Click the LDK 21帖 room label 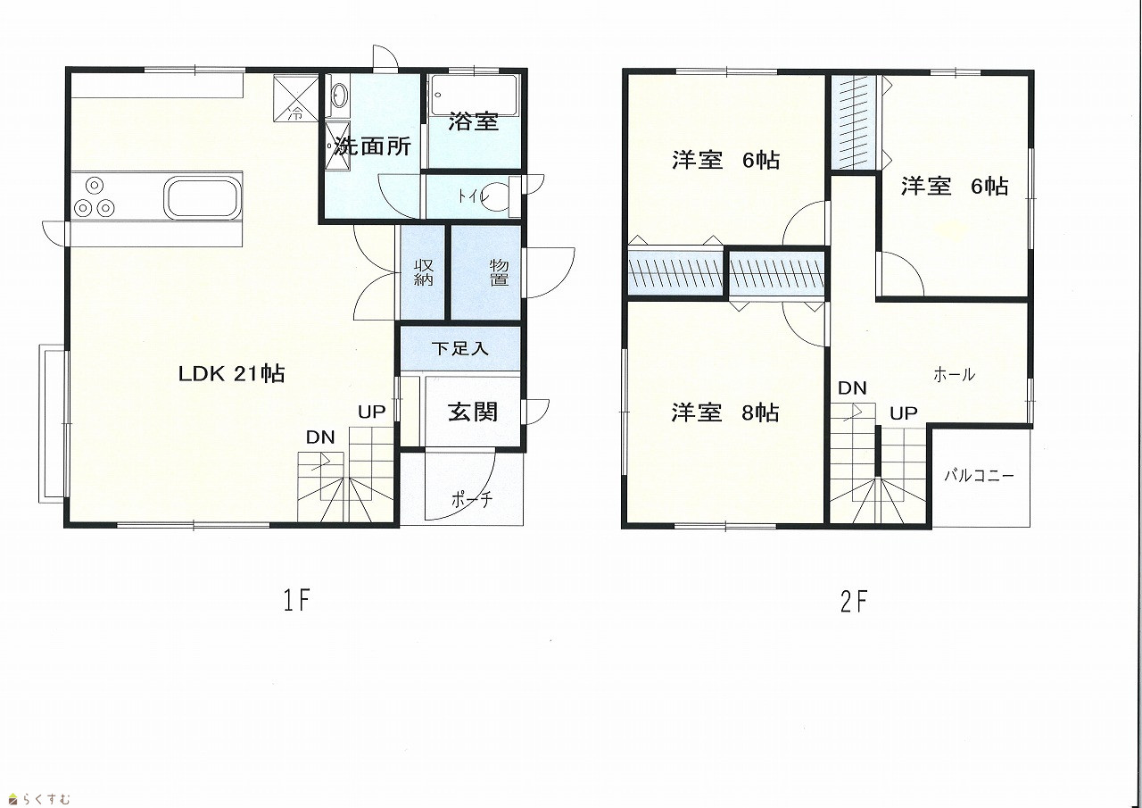click(231, 374)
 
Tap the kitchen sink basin click(203, 197)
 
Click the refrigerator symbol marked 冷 click(295, 98)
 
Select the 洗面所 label click(373, 147)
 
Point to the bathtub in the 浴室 click(474, 96)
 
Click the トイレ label click(474, 196)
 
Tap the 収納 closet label click(424, 272)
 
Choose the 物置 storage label click(499, 272)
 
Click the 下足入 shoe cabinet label click(459, 349)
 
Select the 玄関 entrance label click(473, 412)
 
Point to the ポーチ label click(472, 499)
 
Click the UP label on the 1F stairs click(372, 412)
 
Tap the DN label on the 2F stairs click(852, 388)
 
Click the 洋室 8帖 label click(725, 412)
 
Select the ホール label click(954, 375)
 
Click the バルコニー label click(980, 475)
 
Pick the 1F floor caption click(296, 600)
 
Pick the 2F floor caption click(854, 602)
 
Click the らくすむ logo click(39, 798)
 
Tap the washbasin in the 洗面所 click(339, 96)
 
